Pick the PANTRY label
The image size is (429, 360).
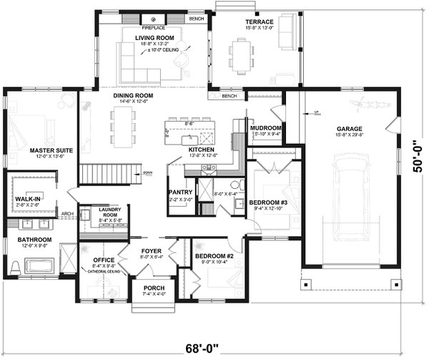click(x=178, y=193)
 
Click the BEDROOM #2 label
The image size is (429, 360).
click(x=210, y=256)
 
